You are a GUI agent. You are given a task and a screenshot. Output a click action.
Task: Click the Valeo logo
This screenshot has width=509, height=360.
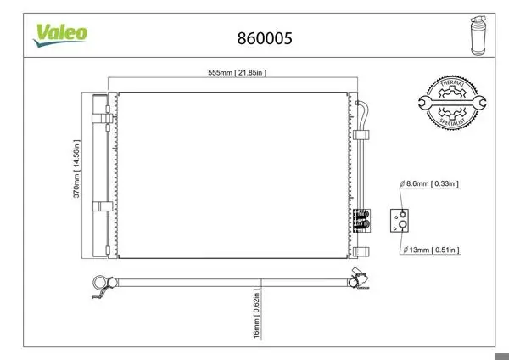tap(60, 35)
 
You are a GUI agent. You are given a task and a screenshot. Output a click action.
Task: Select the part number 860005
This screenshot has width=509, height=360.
tap(265, 38)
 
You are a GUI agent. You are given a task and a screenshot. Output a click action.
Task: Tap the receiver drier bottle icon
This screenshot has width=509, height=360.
tap(478, 36)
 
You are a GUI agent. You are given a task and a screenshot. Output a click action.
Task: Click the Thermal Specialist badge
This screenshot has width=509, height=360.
tap(452, 103)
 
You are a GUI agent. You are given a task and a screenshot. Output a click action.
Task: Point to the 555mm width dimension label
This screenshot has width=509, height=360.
tap(238, 72)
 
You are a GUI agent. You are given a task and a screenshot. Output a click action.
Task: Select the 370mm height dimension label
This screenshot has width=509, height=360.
tap(76, 169)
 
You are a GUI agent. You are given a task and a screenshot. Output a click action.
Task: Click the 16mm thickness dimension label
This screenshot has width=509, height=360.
tap(256, 313)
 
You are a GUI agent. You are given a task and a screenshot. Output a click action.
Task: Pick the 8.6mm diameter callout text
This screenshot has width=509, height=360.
tap(429, 183)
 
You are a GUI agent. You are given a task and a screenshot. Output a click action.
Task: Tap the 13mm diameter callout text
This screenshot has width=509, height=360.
tap(432, 250)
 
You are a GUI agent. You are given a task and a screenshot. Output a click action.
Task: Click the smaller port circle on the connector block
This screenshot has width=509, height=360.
tap(402, 214)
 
